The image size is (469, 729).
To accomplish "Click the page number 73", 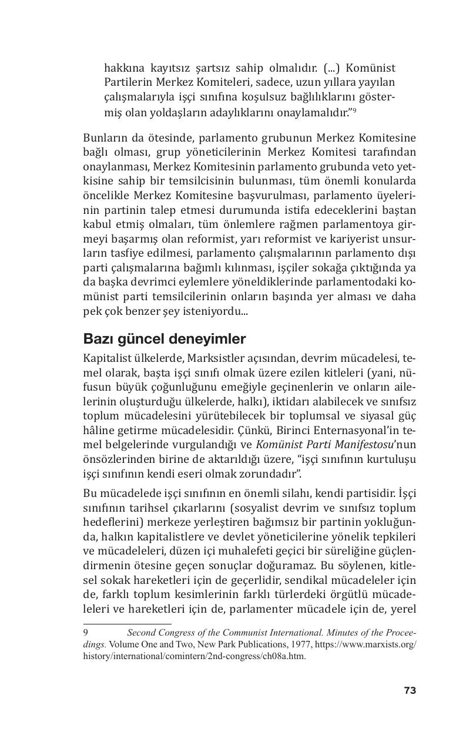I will tap(410, 690).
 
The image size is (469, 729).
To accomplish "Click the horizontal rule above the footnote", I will tap(127, 624).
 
